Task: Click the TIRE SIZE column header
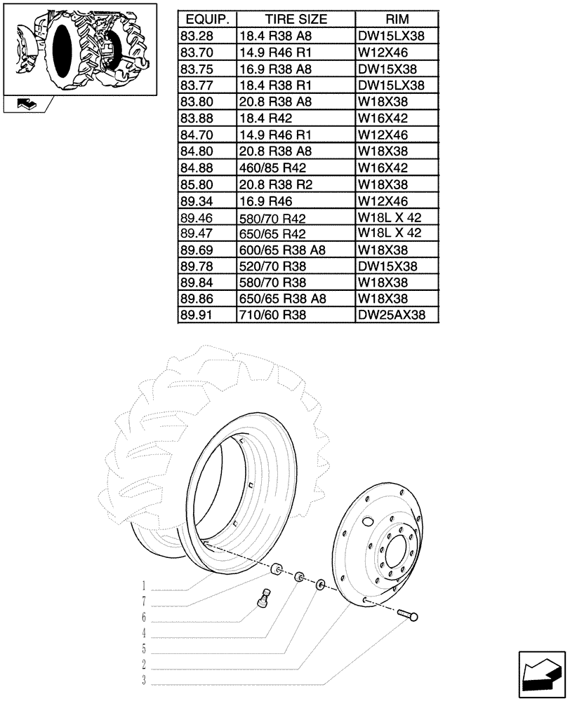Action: point(295,19)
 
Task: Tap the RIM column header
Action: point(397,19)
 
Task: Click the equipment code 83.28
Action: point(197,36)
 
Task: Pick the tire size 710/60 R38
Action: point(271,316)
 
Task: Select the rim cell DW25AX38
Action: point(392,316)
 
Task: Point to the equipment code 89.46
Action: point(197,218)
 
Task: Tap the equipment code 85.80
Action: point(197,185)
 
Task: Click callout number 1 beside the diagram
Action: point(143,586)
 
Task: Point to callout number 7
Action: point(143,601)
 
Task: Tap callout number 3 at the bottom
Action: point(143,681)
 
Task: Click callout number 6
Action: point(143,618)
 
